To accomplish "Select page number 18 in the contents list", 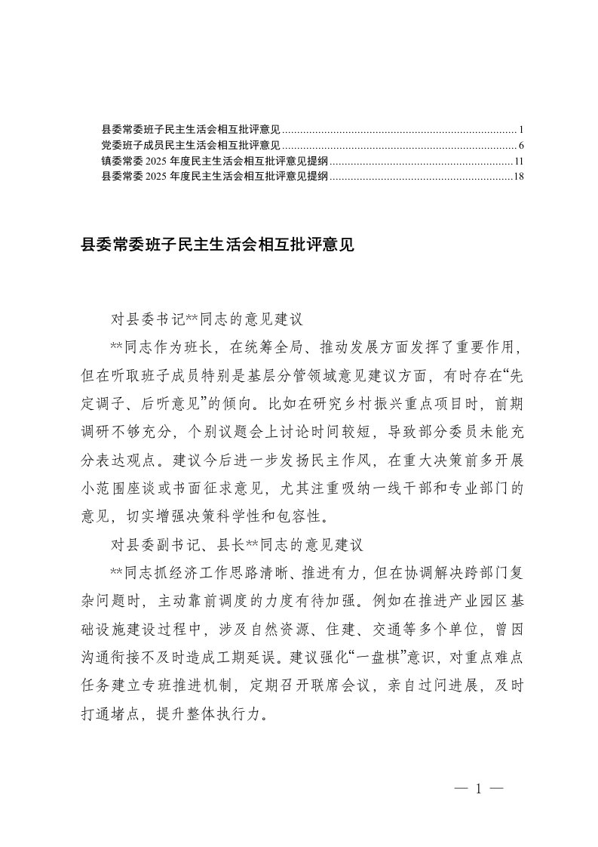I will [x=517, y=177].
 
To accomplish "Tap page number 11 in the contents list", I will [x=518, y=161].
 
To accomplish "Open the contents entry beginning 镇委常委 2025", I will [x=214, y=161].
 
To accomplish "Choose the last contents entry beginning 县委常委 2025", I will [x=214, y=177].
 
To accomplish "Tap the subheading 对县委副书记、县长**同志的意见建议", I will [x=238, y=543].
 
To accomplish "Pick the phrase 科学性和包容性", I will [x=290, y=518].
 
